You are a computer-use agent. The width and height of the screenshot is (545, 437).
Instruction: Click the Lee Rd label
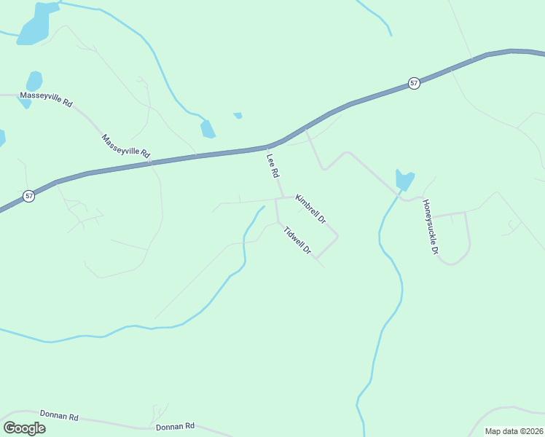pyautogui.click(x=273, y=166)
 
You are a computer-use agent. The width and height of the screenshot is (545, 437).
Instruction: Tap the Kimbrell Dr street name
pyautogui.click(x=310, y=209)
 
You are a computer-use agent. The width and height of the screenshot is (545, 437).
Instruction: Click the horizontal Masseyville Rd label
pyautogui.click(x=47, y=100)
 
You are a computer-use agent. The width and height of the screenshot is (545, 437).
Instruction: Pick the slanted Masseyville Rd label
pyautogui.click(x=125, y=146)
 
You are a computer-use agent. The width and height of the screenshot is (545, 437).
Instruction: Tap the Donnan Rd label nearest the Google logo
pyautogui.click(x=59, y=416)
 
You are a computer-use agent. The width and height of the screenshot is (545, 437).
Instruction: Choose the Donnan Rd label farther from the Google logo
pyautogui.click(x=176, y=425)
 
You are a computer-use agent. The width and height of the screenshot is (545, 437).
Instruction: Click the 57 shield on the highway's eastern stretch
pyautogui.click(x=414, y=83)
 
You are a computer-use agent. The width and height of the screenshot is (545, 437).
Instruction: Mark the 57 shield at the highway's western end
pyautogui.click(x=28, y=197)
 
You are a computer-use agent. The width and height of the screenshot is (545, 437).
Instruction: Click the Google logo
pyautogui.click(x=24, y=428)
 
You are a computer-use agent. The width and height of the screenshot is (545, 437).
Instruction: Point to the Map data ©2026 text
pyautogui.click(x=514, y=431)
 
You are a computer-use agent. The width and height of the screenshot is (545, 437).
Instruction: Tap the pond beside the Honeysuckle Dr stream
pyautogui.click(x=404, y=179)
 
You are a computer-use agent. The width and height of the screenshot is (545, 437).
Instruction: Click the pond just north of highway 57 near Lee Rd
pyautogui.click(x=208, y=129)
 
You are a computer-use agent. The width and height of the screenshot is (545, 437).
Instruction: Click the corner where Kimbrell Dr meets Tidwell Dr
pyautogui.click(x=337, y=236)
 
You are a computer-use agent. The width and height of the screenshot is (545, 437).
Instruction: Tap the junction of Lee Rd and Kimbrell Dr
pyautogui.click(x=283, y=197)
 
